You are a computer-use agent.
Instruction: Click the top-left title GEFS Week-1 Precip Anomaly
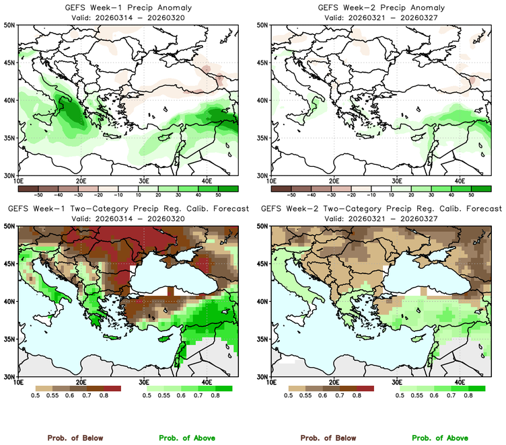click(x=126, y=7)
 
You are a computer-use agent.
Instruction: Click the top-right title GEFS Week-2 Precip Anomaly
click(x=380, y=7)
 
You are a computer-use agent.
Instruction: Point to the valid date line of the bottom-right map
click(x=380, y=218)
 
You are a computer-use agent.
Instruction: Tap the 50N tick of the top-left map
click(x=11, y=25)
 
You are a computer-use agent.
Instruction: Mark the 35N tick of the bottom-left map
click(x=11, y=339)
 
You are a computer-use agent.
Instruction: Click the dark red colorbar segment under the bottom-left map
click(x=111, y=389)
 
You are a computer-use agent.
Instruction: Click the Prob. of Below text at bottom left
click(x=75, y=438)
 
